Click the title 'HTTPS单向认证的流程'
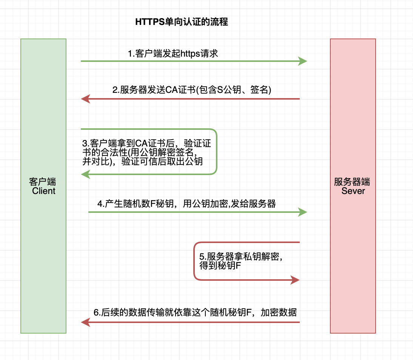tap(182, 22)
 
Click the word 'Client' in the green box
tap(44, 191)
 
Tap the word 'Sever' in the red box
tap(353, 191)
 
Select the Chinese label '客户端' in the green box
tap(42, 182)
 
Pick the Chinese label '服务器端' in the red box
tap(352, 182)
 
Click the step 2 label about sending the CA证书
tap(192, 90)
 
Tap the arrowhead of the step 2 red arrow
tap(85, 99)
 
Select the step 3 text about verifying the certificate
tap(147, 152)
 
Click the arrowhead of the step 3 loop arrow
tap(85, 174)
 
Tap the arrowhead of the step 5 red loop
tap(295, 280)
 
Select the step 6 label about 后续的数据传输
tap(195, 312)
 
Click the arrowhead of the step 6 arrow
tap(85, 322)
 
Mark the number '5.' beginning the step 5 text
tap(203, 257)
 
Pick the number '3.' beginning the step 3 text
tap(86, 144)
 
